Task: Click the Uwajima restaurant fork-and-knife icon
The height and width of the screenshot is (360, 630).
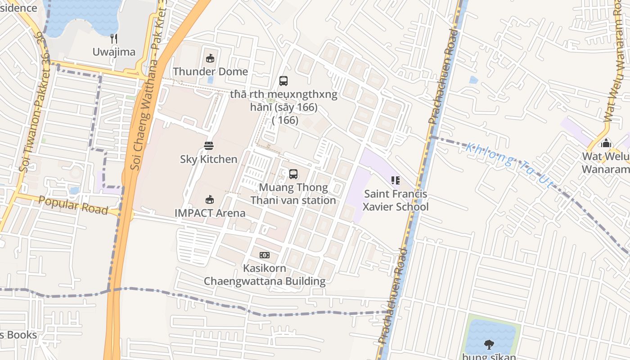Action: [114, 39]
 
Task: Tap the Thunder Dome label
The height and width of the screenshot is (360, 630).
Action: [210, 72]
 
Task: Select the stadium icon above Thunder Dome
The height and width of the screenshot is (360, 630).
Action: [210, 58]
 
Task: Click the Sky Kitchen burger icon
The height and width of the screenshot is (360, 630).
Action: [208, 145]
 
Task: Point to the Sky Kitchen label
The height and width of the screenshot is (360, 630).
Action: [208, 159]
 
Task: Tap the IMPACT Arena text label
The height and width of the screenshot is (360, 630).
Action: [210, 213]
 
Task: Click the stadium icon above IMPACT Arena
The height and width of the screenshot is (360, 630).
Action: [209, 199]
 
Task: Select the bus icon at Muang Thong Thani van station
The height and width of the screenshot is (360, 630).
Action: [293, 174]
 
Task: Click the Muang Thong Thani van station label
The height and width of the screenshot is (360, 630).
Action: [293, 194]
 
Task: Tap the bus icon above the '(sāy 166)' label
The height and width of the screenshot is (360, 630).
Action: [283, 81]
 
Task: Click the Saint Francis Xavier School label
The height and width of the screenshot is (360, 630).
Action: [396, 201]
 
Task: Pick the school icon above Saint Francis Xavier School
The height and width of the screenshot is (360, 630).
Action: [396, 180]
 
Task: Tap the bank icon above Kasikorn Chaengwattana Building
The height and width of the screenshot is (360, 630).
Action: [265, 255]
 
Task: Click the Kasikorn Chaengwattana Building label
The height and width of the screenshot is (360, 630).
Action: [265, 275]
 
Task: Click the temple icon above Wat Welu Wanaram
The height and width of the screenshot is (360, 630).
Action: [606, 143]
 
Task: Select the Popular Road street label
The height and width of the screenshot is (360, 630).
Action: [73, 205]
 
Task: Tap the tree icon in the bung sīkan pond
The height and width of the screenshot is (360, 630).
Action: [489, 345]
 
